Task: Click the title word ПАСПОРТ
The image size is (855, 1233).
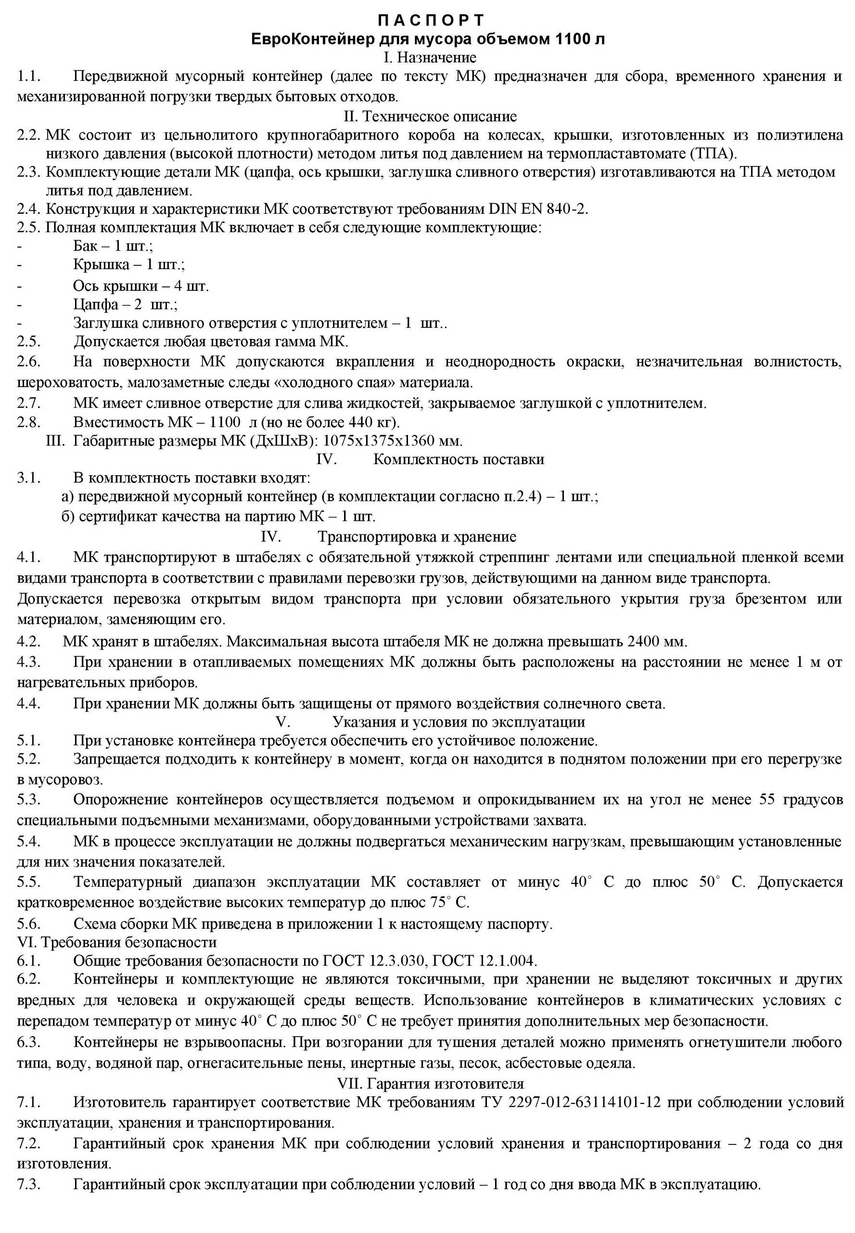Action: (x=431, y=20)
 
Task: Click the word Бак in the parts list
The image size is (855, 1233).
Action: (x=85, y=246)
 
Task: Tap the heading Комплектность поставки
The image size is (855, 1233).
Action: (x=459, y=459)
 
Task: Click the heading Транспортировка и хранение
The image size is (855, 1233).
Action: (x=417, y=537)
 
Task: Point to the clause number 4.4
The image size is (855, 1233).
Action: (x=28, y=703)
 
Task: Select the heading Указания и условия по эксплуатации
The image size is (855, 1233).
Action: (x=459, y=722)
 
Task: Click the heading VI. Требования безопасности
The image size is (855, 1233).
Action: (x=117, y=942)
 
